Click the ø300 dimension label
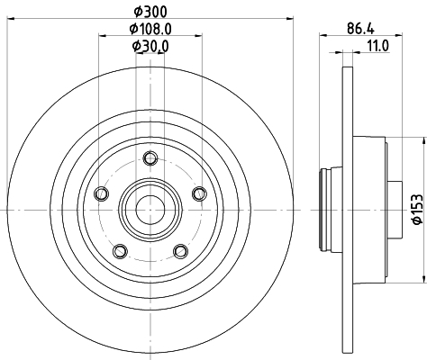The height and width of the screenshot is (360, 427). (x=150, y=12)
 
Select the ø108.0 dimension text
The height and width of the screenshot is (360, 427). (x=150, y=29)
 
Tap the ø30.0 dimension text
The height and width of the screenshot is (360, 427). (x=150, y=46)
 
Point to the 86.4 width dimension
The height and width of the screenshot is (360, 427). (x=360, y=29)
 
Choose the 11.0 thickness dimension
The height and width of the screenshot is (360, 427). (x=378, y=46)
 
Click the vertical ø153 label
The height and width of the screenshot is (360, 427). (x=418, y=209)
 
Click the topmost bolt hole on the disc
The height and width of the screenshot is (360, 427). (x=150, y=158)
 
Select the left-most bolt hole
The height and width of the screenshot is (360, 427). (x=101, y=193)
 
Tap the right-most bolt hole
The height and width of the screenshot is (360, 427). (x=199, y=193)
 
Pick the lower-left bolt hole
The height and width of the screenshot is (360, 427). (x=120, y=251)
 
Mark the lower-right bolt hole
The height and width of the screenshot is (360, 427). (x=181, y=251)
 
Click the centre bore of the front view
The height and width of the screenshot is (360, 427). (x=150, y=210)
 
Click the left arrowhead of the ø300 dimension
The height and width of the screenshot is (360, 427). (x=11, y=19)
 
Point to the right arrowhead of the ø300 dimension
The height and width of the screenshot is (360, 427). (x=289, y=19)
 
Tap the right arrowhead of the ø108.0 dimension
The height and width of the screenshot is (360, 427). (x=198, y=36)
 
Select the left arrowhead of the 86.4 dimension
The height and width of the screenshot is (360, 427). (x=323, y=36)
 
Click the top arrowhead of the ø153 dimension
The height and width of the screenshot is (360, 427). (x=424, y=141)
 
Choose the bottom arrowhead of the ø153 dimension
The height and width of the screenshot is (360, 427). (x=424, y=279)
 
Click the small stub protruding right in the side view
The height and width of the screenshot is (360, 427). (x=395, y=210)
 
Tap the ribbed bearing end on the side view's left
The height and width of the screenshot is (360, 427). (x=324, y=210)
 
